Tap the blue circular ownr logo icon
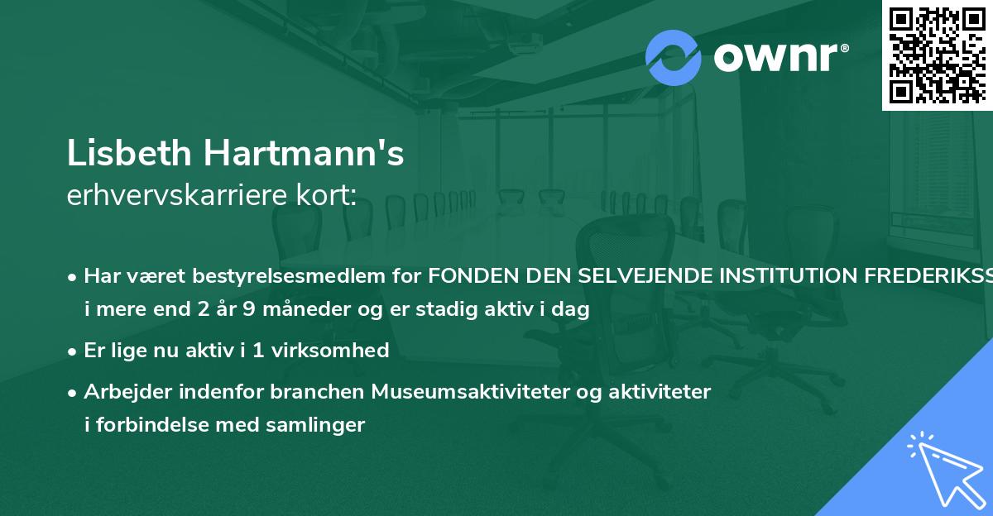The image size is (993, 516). pyautogui.click(x=673, y=58)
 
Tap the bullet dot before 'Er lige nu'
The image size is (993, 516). pyautogui.click(x=74, y=351)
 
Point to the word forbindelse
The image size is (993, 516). pyautogui.click(x=155, y=426)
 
